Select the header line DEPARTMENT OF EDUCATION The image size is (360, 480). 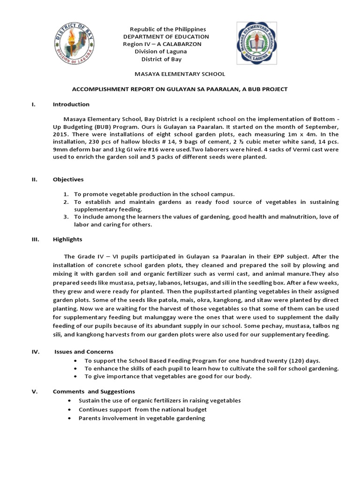[x=166, y=37]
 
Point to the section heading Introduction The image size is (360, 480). [x=71, y=105]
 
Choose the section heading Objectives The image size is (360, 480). [x=68, y=180]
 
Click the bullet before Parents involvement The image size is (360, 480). [x=69, y=418]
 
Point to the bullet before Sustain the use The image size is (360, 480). [x=69, y=401]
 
